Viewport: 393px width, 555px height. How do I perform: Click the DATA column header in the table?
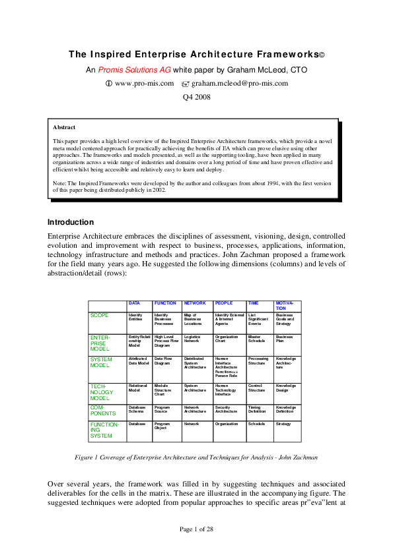[134, 303]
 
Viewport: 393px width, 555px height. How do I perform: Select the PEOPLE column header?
[224, 303]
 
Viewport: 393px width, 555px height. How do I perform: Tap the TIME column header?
[253, 303]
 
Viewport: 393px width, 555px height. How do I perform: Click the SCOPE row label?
[99, 316]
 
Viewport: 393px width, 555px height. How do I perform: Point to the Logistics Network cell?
[192, 339]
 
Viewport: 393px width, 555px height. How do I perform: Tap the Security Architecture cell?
[227, 410]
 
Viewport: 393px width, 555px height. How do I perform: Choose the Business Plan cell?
[285, 339]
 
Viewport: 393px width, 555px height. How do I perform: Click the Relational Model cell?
[138, 388]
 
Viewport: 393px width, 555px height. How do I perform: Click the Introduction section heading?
[71, 222]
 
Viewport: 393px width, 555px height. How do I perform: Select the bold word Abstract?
[64, 127]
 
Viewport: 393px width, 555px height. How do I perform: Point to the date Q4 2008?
[196, 98]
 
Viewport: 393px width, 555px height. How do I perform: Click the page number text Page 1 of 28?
[196, 529]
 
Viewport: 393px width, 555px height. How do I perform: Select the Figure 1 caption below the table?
[196, 457]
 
